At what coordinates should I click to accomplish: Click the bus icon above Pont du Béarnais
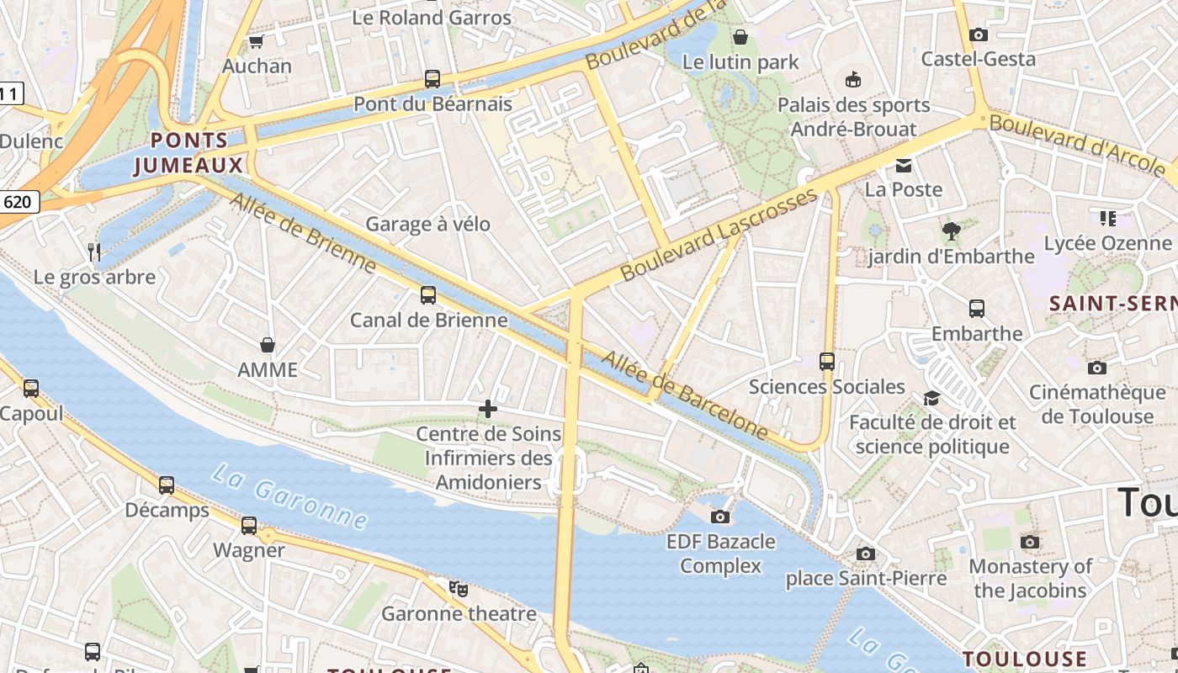pyautogui.click(x=432, y=79)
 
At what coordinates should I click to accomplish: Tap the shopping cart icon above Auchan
pyautogui.click(x=257, y=41)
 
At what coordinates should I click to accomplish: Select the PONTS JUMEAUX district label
pyautogui.click(x=188, y=153)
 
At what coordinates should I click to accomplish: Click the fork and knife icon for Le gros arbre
pyautogui.click(x=94, y=252)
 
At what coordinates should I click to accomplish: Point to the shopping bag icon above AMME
pyautogui.click(x=268, y=345)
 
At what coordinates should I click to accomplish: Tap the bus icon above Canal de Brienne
pyautogui.click(x=428, y=295)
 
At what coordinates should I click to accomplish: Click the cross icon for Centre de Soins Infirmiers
pyautogui.click(x=488, y=410)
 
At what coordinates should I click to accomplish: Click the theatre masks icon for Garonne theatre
pyautogui.click(x=459, y=588)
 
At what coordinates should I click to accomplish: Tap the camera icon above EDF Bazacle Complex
pyautogui.click(x=720, y=517)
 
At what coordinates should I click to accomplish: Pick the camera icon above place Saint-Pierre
pyautogui.click(x=866, y=554)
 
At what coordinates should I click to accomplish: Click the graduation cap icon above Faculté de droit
pyautogui.click(x=931, y=397)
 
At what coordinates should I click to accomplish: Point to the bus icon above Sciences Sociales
pyautogui.click(x=827, y=362)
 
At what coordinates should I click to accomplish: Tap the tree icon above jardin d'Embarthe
pyautogui.click(x=952, y=231)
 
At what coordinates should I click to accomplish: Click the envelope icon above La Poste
pyautogui.click(x=904, y=165)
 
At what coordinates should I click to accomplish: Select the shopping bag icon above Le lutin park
pyautogui.click(x=740, y=37)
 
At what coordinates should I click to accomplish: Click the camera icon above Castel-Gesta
pyautogui.click(x=978, y=34)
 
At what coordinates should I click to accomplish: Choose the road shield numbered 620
pyautogui.click(x=18, y=202)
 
